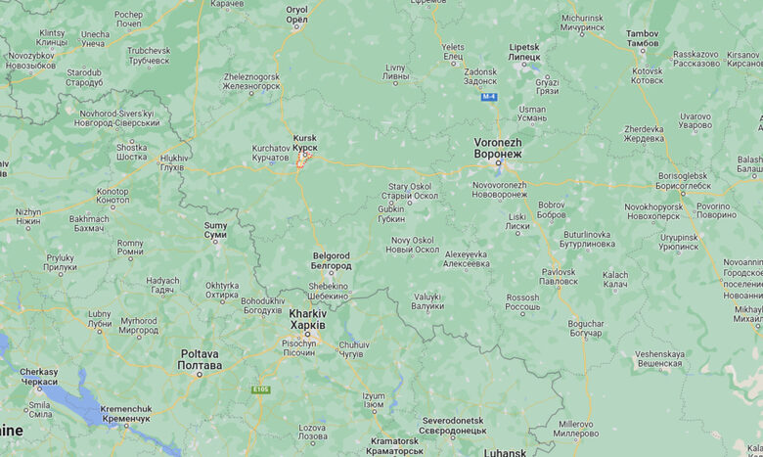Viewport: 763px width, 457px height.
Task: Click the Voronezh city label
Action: (497, 148)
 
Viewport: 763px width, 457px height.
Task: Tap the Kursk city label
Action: (304, 142)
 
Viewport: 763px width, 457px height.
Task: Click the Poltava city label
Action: (200, 359)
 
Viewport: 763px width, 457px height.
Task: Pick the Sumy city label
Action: (215, 230)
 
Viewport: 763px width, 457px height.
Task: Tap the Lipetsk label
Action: (523, 52)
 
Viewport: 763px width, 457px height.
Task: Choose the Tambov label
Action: (643, 39)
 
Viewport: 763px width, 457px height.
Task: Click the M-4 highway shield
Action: (489, 97)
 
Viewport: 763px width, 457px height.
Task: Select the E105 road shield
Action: (260, 389)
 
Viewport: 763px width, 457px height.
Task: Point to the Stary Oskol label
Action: (410, 190)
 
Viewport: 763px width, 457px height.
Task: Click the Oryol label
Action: (296, 14)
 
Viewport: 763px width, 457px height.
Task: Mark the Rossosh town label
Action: (522, 301)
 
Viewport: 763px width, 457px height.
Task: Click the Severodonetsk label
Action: (453, 425)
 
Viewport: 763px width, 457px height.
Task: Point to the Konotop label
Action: (112, 196)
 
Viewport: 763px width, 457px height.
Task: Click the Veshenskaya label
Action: (658, 358)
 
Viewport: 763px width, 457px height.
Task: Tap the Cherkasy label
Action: (39, 376)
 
